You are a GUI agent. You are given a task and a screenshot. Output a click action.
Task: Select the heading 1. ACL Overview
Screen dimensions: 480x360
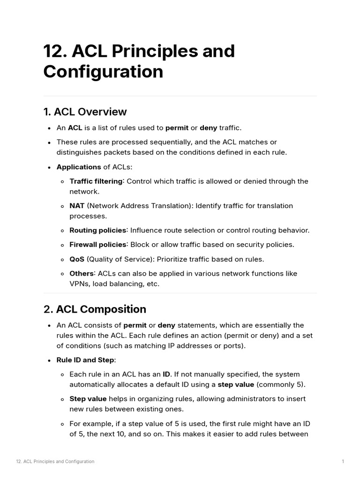click(x=85, y=112)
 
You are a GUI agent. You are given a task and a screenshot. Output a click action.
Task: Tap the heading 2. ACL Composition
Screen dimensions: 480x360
click(x=95, y=309)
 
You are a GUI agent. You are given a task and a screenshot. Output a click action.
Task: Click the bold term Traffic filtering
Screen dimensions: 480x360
click(x=96, y=181)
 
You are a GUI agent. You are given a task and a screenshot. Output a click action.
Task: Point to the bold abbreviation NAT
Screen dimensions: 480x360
click(x=77, y=206)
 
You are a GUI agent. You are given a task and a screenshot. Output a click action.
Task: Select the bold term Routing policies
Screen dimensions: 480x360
click(x=97, y=230)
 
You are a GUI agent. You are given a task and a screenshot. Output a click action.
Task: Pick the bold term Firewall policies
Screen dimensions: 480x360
click(x=98, y=245)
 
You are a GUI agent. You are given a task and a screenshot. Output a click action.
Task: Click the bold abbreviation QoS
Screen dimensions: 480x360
click(x=77, y=259)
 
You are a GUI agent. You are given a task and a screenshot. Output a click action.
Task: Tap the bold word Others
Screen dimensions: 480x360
click(x=82, y=274)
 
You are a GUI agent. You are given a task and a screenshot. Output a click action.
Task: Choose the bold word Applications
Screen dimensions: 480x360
click(x=78, y=167)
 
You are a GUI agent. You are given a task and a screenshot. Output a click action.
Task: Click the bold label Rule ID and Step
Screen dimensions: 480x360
click(x=85, y=360)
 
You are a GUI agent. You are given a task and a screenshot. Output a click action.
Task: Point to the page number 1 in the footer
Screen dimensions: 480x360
click(x=343, y=462)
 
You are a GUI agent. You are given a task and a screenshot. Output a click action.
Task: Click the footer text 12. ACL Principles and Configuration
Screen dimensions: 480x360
click(x=55, y=462)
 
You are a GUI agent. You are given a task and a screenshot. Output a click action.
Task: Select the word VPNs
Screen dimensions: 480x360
click(x=79, y=284)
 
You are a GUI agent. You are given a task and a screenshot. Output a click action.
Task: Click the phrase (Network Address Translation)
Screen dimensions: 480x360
click(x=140, y=206)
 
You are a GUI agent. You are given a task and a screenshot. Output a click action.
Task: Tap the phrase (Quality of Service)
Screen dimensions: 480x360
click(x=120, y=259)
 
